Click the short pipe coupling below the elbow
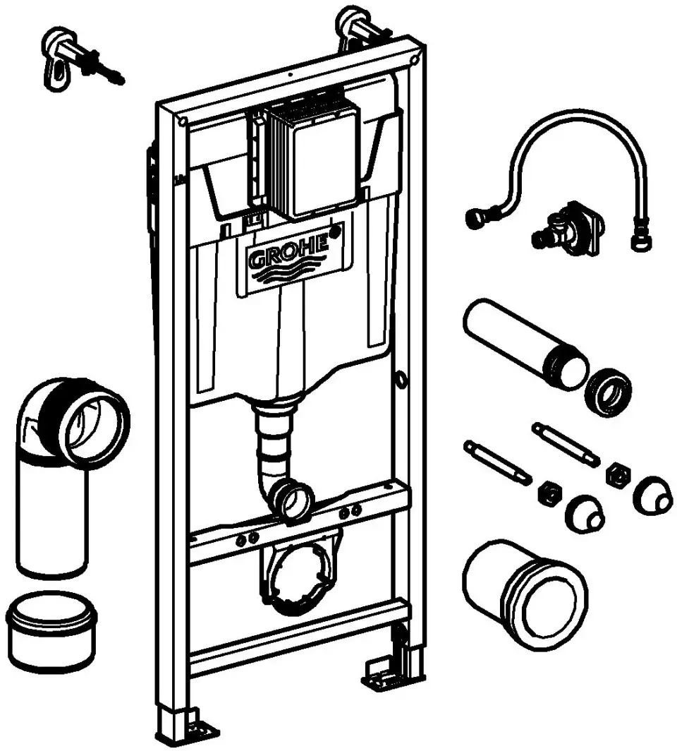pos(51,630)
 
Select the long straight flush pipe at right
pos(525,344)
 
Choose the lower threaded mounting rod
pos(498,463)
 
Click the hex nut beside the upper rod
pos(618,476)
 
